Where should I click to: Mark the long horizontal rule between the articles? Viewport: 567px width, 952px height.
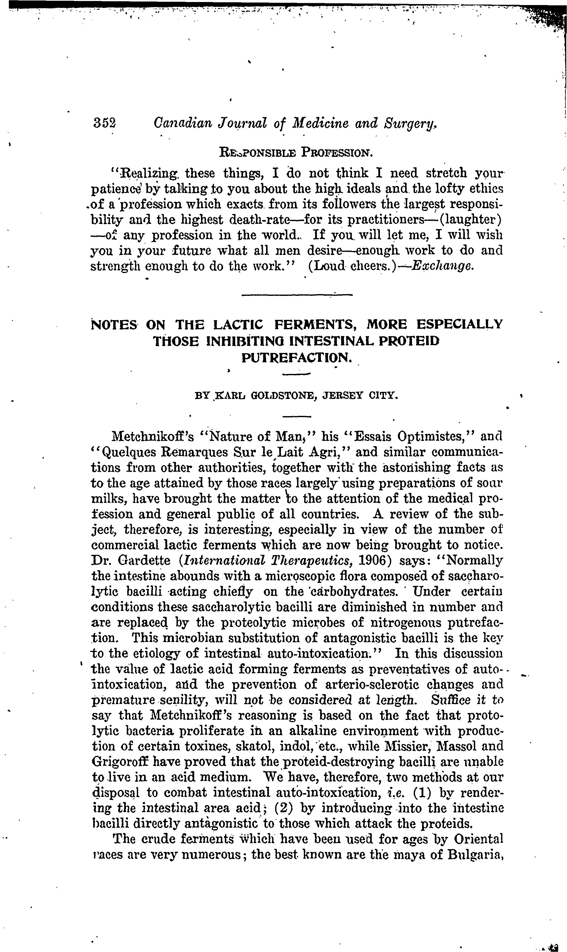297,294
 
